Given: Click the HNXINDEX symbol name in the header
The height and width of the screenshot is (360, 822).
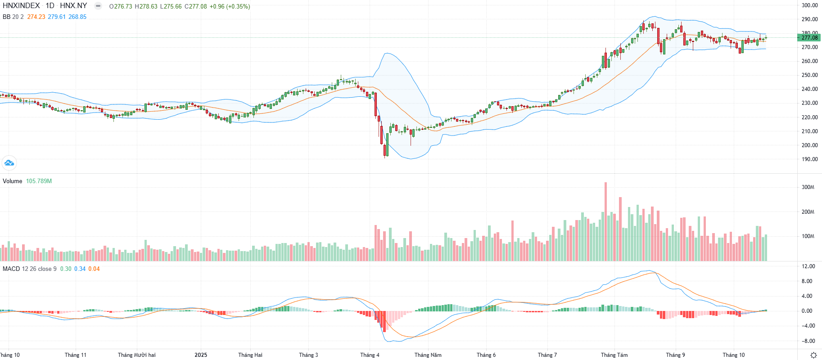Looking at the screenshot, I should click(x=21, y=6).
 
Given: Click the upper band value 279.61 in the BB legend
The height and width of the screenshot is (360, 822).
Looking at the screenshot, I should click(x=57, y=17).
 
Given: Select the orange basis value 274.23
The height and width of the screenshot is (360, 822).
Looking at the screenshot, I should click(x=36, y=17).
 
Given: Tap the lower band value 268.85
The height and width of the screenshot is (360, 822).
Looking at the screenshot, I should click(x=77, y=17).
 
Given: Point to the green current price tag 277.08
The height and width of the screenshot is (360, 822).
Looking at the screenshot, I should click(x=809, y=38).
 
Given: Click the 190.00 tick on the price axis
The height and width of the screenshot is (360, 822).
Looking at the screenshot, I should click(x=809, y=159).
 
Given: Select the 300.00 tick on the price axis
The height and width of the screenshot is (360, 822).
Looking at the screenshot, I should click(x=809, y=5).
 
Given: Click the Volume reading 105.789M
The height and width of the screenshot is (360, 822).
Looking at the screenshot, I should click(x=39, y=181).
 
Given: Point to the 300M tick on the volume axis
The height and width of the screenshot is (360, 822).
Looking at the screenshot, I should click(x=808, y=187).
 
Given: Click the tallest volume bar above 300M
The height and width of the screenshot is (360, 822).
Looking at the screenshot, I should click(x=605, y=220).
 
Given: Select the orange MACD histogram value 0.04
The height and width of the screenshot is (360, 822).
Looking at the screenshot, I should click(x=94, y=269).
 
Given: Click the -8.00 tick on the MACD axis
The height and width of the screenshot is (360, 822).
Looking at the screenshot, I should click(x=808, y=341).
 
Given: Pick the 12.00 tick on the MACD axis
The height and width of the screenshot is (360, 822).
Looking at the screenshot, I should click(x=808, y=266).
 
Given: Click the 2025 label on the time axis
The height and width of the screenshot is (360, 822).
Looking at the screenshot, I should click(x=201, y=355).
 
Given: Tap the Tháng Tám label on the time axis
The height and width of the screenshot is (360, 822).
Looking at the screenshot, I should click(x=614, y=355).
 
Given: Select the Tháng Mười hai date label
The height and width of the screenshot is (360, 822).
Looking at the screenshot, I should click(x=136, y=355).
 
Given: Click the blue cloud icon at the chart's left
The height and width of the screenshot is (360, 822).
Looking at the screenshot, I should click(x=9, y=163).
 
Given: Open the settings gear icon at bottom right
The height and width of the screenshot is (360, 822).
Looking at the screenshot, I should click(x=813, y=355).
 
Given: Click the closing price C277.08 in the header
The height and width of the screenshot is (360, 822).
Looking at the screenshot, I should click(x=196, y=6).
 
